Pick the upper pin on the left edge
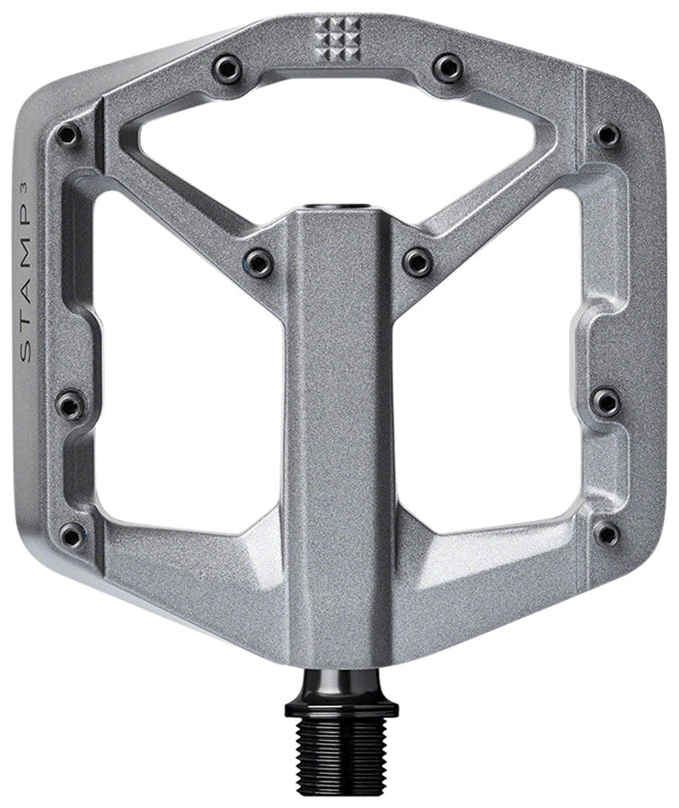(68, 135)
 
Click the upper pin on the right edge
(608, 135)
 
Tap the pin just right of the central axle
(418, 261)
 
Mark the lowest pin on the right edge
(607, 533)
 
